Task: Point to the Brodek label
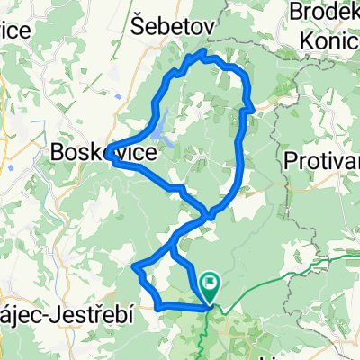[x=325, y=12]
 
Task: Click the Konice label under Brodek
[x=331, y=40]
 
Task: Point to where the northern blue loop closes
[x=209, y=213]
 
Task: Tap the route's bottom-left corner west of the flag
[x=158, y=307]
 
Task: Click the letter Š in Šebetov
[x=139, y=26]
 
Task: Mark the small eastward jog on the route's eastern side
[x=250, y=109]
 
